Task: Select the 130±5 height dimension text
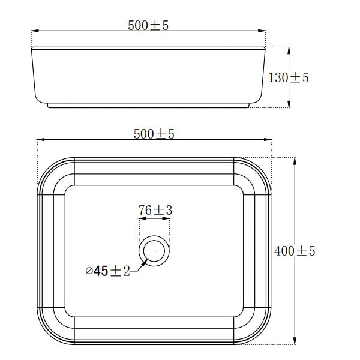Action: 289,77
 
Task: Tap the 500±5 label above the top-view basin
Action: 154,134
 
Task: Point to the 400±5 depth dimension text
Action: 295,251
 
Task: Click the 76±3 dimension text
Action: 155,210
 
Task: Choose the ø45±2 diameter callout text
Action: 108,271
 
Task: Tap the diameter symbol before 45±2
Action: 89,271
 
